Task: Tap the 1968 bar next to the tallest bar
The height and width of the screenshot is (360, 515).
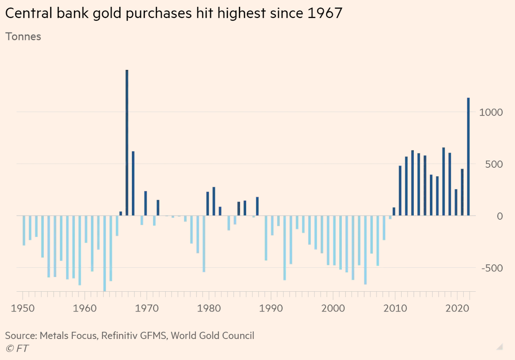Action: (x=133, y=183)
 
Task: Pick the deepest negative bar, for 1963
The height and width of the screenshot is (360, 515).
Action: (x=105, y=253)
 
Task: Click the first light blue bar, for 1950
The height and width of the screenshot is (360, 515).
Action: (x=24, y=230)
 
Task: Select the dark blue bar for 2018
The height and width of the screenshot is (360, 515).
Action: (x=443, y=182)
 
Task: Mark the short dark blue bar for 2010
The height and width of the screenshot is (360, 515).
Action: (x=394, y=212)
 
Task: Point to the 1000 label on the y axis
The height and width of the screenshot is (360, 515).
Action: (x=491, y=112)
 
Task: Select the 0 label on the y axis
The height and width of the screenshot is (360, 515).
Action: (x=500, y=216)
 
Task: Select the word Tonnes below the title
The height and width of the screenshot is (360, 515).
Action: (x=23, y=37)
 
